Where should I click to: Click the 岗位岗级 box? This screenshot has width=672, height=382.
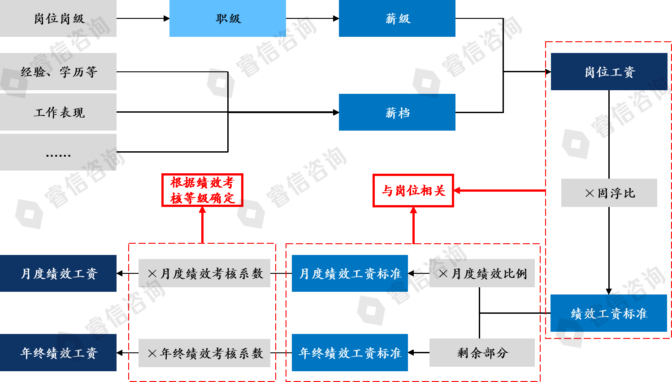[x=58, y=18]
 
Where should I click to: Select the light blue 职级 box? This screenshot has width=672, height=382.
[x=228, y=18]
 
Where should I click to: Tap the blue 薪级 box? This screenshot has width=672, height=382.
[x=397, y=18]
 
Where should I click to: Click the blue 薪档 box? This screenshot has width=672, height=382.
[x=397, y=112]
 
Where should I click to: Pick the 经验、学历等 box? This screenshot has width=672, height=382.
[x=58, y=72]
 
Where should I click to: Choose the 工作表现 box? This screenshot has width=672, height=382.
[x=58, y=112]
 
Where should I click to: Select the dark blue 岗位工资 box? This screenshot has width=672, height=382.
[x=609, y=72]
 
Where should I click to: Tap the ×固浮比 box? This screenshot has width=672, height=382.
[x=609, y=193]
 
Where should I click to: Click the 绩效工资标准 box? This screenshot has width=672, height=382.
[x=609, y=313]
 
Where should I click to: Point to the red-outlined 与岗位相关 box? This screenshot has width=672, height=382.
[x=413, y=191]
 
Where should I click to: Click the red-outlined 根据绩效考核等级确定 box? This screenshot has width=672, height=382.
[x=202, y=190]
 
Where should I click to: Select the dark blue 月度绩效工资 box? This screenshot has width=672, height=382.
[x=58, y=273]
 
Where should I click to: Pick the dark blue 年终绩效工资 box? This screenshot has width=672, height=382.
[x=58, y=353]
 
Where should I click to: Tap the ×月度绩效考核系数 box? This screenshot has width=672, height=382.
[x=204, y=273]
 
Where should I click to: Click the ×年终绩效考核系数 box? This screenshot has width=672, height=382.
[x=204, y=353]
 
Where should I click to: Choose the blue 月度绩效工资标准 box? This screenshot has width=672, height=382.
[x=350, y=273]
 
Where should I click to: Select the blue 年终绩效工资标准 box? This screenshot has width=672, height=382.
[x=350, y=353]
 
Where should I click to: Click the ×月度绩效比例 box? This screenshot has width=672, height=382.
[x=482, y=273]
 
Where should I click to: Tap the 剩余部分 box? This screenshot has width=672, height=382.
[x=482, y=353]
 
